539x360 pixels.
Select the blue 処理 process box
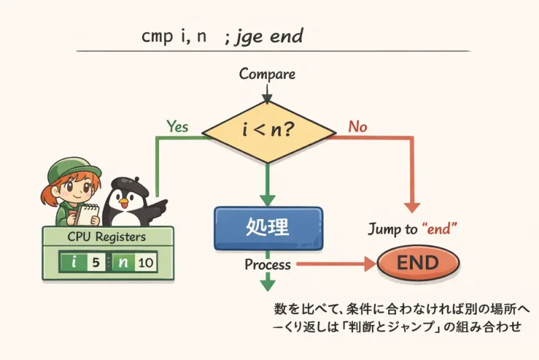point(268,227)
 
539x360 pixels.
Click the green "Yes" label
point(176,126)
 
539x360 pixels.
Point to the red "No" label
point(357,126)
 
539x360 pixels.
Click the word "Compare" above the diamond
point(267,74)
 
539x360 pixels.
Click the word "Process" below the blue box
point(267,265)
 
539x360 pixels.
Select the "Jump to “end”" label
point(413,229)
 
